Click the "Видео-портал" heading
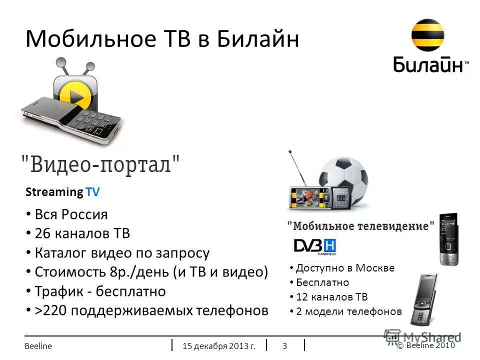click(x=100, y=164)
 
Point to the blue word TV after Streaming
click(x=92, y=192)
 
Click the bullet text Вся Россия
click(x=71, y=215)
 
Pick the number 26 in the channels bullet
click(x=42, y=233)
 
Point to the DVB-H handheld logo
click(x=314, y=246)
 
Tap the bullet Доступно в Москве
click(x=345, y=268)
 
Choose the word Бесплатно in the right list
click(x=322, y=282)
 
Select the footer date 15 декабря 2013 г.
click(x=219, y=345)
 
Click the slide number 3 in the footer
click(x=284, y=345)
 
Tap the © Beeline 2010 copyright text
click(x=426, y=345)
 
